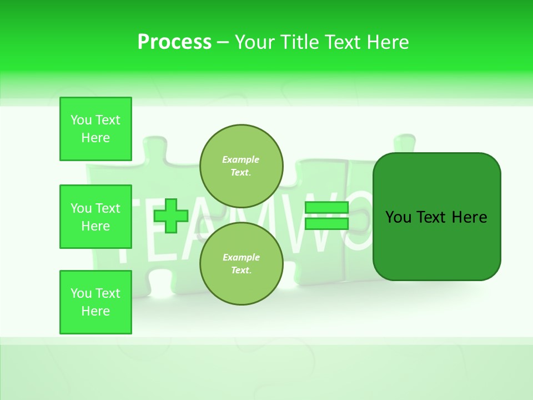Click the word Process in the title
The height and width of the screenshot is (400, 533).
point(174,42)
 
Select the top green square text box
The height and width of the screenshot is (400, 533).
point(95,129)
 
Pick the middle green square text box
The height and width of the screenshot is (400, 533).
point(95,217)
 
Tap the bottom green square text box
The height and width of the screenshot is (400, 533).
point(95,302)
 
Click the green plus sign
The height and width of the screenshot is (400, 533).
point(171,216)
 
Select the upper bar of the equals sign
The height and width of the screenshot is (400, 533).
point(327,208)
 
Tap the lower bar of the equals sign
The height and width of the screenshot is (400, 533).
point(327,224)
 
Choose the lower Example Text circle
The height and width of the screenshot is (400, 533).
point(241,264)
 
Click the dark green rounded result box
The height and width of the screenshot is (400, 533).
point(436,244)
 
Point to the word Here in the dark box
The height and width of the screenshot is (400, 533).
point(469,217)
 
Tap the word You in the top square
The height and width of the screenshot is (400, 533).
point(81,120)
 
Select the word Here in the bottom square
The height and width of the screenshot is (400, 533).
point(95,311)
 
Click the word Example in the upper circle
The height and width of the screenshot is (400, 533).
point(241,159)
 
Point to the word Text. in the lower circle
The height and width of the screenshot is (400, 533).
point(241,271)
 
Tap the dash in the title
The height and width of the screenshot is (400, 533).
point(223,42)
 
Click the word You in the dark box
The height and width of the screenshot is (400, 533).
point(398,217)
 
